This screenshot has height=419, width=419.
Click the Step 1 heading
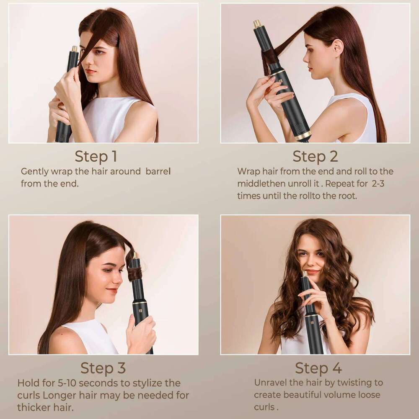point(96,156)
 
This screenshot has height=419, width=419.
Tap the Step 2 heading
point(315,156)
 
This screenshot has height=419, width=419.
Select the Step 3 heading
point(103,368)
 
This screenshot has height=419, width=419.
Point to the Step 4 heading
point(318,368)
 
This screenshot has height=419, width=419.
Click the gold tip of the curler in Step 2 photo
point(257,23)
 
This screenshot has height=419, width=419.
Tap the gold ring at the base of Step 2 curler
point(303,136)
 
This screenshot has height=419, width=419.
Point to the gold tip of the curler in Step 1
point(75,49)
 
